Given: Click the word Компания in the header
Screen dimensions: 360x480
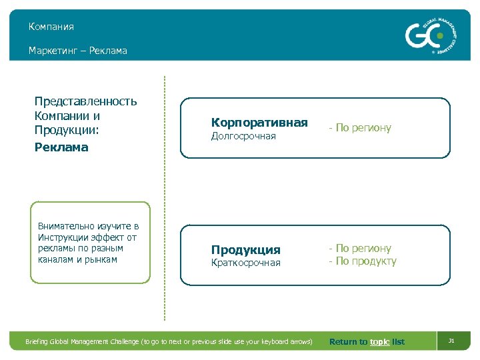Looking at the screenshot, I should [x=51, y=27].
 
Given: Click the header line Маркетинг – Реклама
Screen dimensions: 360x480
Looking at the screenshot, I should [x=77, y=51].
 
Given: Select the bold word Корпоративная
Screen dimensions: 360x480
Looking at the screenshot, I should [x=259, y=123].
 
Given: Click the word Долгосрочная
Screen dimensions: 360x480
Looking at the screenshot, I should [x=243, y=137].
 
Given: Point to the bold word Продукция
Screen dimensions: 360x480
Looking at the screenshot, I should [x=246, y=250].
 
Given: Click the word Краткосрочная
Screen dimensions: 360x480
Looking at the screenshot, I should [x=246, y=263].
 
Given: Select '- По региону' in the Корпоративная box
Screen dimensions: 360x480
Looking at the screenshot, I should [x=359, y=127].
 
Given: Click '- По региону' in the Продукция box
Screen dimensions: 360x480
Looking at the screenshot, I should [x=359, y=248].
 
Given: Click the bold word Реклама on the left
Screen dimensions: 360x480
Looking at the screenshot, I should [x=61, y=147].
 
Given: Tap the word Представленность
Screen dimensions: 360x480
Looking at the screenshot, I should [x=85, y=101].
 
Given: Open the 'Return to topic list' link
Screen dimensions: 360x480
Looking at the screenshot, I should [x=367, y=342].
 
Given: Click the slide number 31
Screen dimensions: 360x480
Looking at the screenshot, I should [x=451, y=341].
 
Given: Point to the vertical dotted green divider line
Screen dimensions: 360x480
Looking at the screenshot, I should [x=164, y=200].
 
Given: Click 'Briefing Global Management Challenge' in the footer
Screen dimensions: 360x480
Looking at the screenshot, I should [x=83, y=342].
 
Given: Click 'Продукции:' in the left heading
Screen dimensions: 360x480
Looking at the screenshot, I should [x=67, y=131].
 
